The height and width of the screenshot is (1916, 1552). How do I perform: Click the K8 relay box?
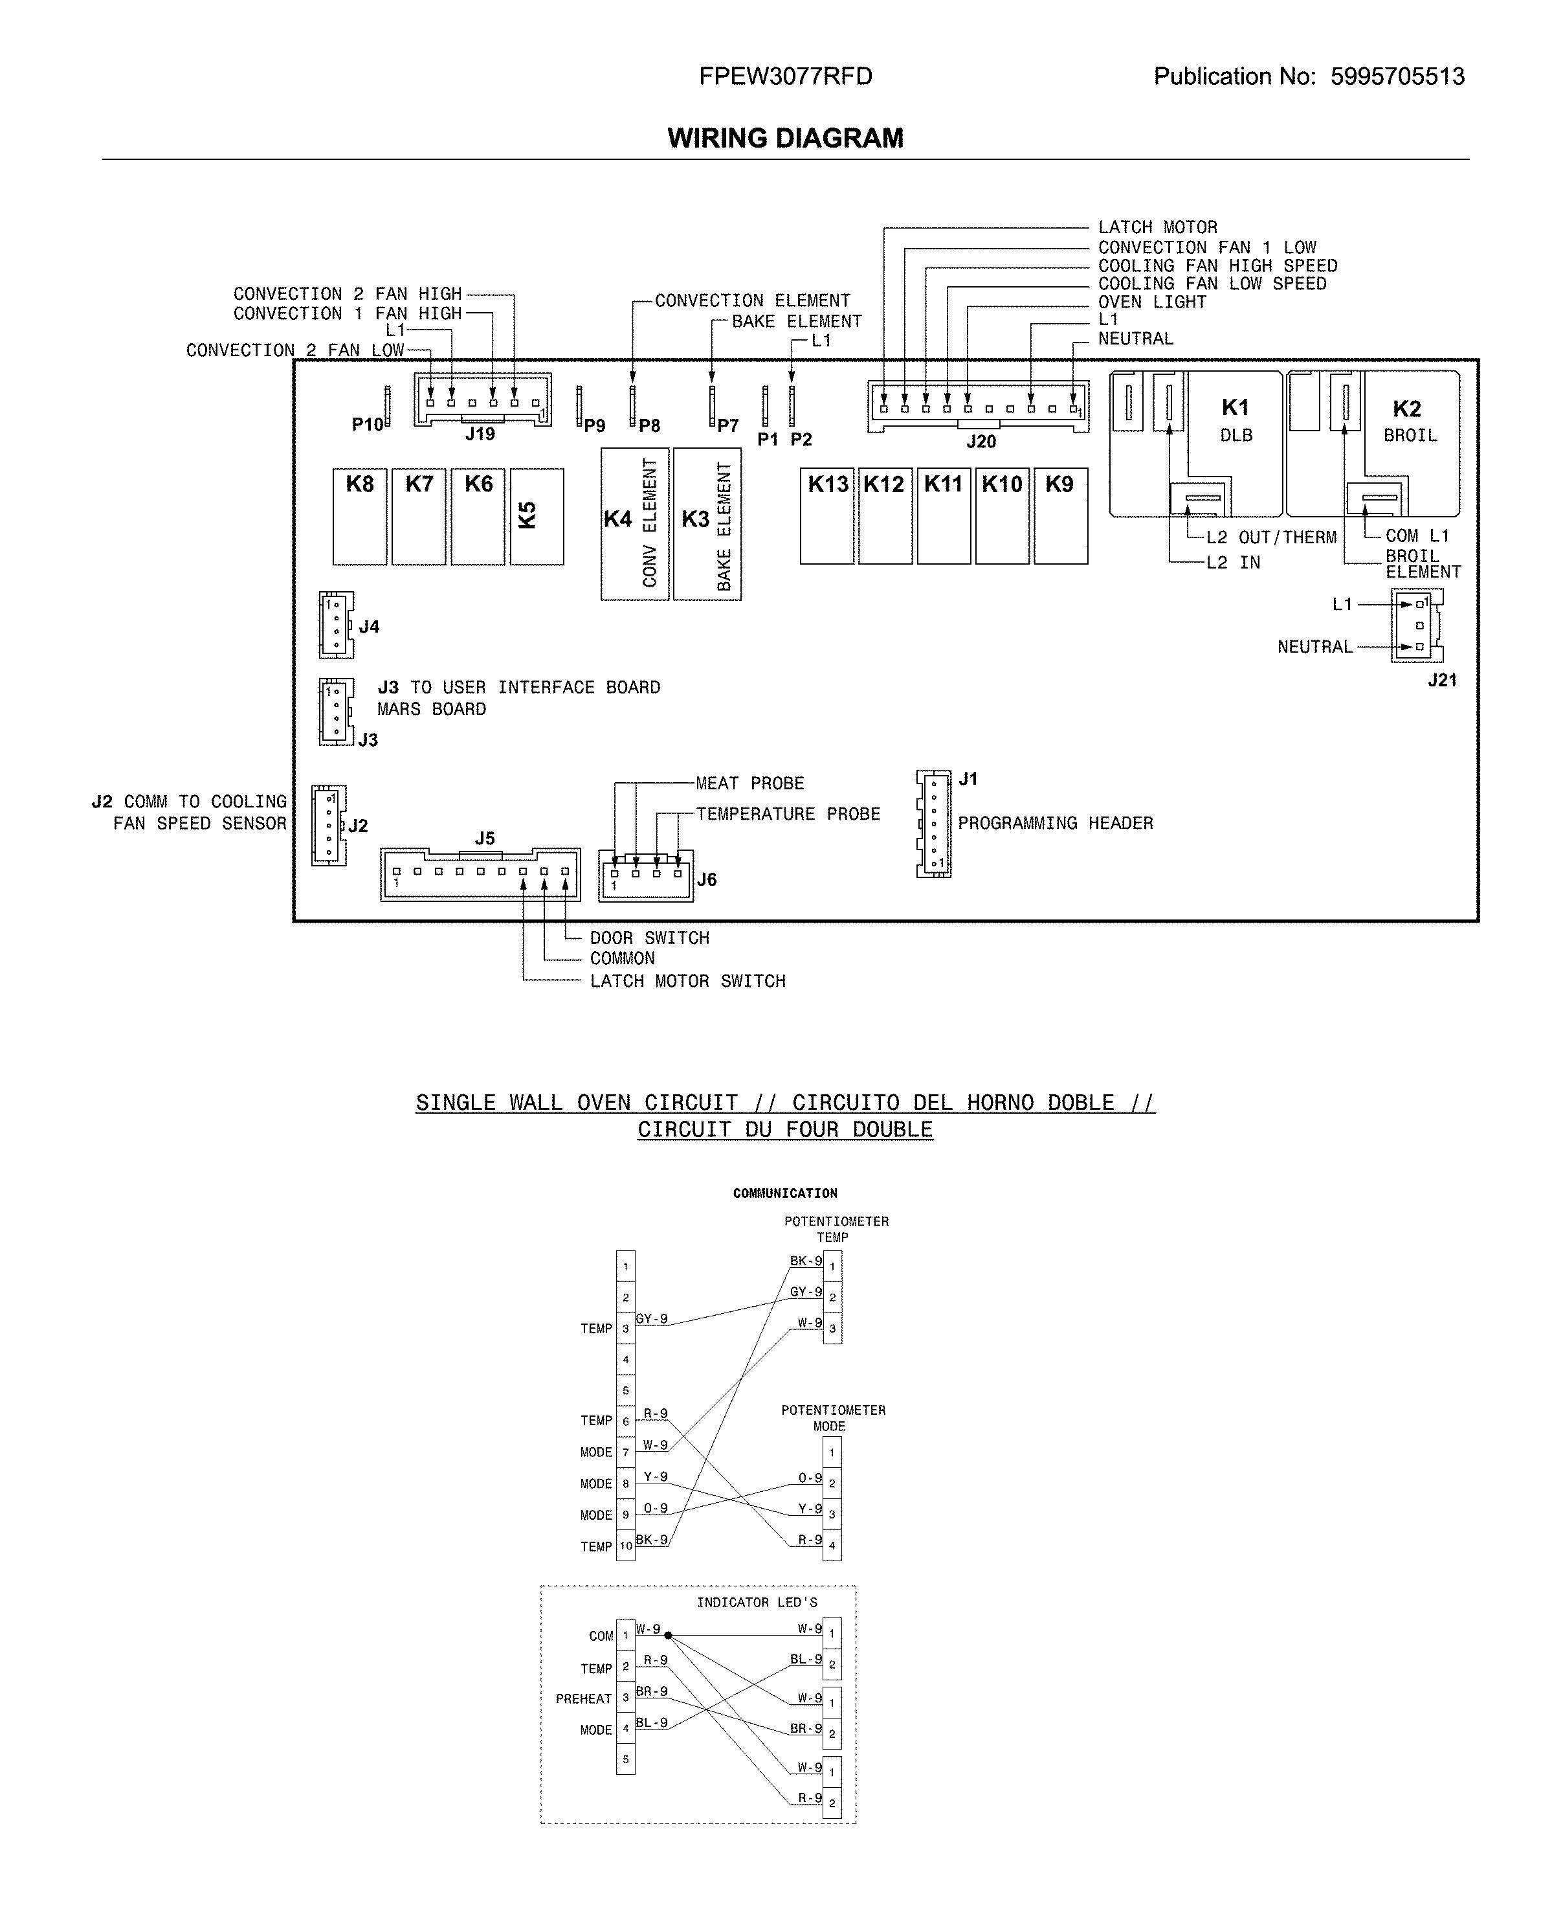[x=359, y=516]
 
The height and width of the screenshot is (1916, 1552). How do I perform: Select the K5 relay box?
[x=537, y=516]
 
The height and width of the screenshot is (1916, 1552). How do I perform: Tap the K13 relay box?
[x=827, y=516]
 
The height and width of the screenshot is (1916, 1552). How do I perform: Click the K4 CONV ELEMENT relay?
[x=635, y=523]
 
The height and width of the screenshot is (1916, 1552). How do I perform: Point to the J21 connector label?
[x=1442, y=680]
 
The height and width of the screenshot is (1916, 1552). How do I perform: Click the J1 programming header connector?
[x=934, y=823]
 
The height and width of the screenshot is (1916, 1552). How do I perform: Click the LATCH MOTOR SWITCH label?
[x=687, y=981]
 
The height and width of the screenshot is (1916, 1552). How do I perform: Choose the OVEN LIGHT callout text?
[x=1151, y=302]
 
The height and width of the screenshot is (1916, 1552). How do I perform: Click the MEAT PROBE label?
[x=750, y=783]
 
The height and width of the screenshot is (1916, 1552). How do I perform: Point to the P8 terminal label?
[x=649, y=426]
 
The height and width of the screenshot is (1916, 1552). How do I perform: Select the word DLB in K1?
[x=1236, y=436]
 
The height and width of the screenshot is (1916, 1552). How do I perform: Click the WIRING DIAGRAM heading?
[x=785, y=138]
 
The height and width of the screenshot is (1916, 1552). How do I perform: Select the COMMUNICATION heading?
[x=785, y=1193]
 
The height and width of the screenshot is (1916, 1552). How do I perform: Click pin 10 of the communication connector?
[x=626, y=1546]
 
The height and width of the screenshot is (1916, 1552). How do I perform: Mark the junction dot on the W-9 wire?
[x=668, y=1635]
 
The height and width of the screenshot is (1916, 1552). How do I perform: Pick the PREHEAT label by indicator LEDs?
[x=583, y=1698]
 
